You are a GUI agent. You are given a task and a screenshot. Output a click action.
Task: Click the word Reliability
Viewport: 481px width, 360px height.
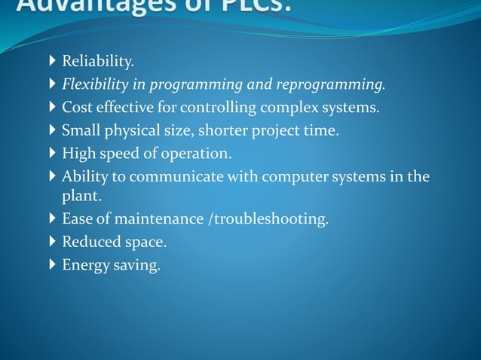97,61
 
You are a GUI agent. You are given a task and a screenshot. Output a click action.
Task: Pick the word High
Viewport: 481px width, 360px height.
78,154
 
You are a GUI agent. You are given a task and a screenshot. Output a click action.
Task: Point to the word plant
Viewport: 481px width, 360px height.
80,196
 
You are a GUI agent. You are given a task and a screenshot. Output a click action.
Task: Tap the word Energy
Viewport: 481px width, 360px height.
86,266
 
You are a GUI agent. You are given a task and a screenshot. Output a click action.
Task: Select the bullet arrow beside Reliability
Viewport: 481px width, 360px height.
51,61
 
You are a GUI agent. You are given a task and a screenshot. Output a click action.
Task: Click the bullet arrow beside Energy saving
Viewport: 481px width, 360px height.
51,265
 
